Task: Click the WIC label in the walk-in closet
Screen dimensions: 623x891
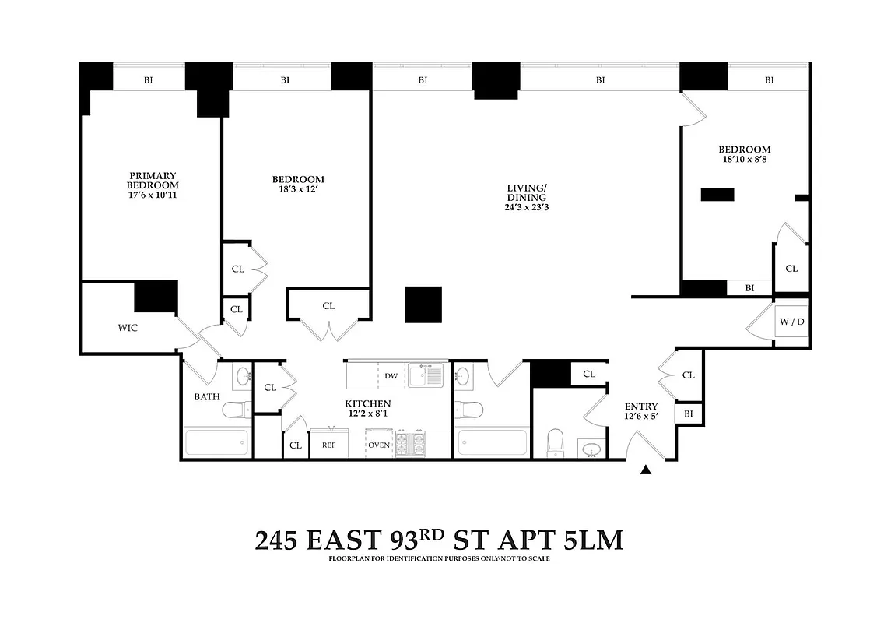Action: tap(128, 328)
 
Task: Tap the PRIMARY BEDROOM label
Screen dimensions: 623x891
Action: tap(153, 180)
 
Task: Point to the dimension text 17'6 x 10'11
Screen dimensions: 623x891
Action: tap(153, 195)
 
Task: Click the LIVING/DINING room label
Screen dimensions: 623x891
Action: tap(527, 192)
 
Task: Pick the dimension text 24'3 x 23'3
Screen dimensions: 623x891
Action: tap(527, 207)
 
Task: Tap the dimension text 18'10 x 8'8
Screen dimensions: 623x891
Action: tap(744, 160)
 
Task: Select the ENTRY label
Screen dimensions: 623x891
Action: tap(641, 407)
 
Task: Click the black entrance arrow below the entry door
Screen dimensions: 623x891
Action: tap(646, 470)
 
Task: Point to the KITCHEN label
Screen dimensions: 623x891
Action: tap(367, 403)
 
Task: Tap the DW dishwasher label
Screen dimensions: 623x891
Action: tap(391, 376)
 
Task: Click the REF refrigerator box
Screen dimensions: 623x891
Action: tap(328, 445)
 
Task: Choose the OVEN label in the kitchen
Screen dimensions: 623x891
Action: tap(379, 445)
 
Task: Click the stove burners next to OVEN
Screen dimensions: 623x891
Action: tap(412, 444)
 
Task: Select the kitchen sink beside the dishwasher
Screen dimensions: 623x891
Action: tap(426, 376)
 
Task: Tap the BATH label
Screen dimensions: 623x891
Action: tap(207, 396)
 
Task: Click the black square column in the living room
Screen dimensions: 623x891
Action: tap(423, 304)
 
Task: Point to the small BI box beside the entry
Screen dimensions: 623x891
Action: tap(688, 414)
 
